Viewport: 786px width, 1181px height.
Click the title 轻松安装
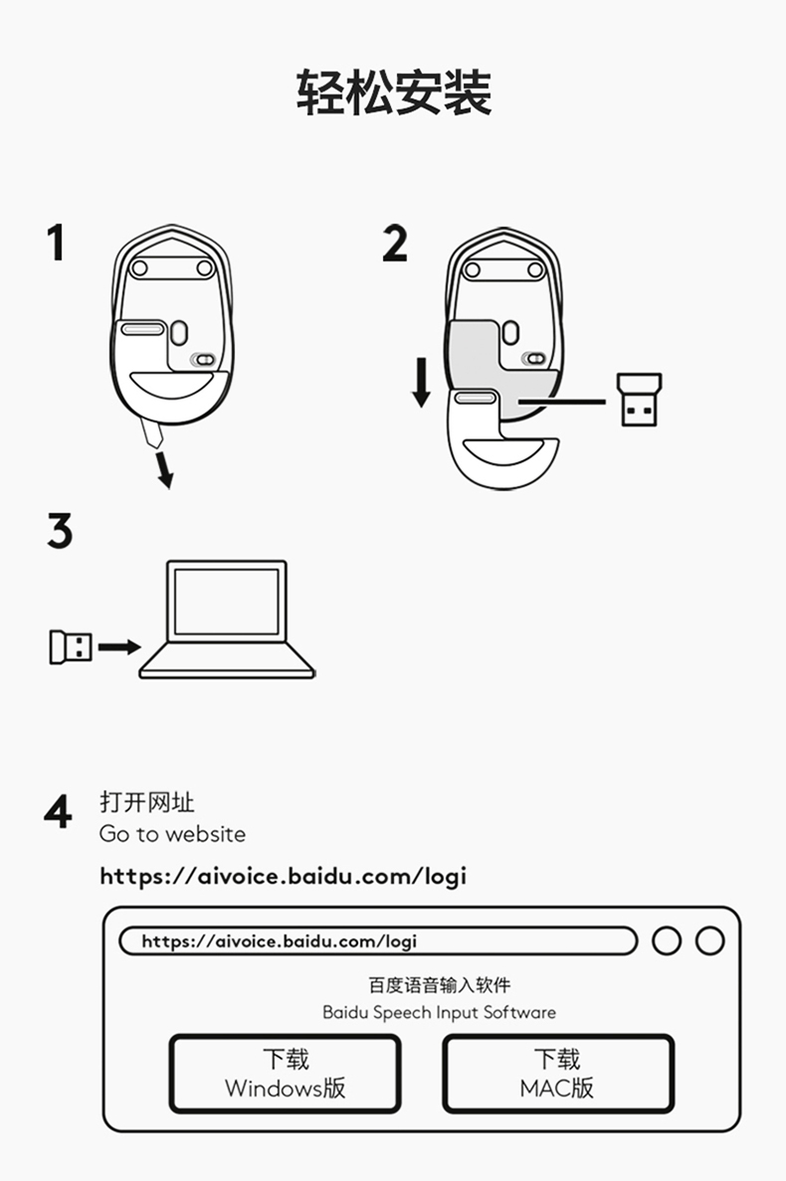point(393,93)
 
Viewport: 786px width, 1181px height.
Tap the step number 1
point(57,243)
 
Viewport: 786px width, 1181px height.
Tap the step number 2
point(395,244)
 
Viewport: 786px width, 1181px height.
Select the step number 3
point(60,532)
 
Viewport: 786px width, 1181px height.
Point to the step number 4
point(59,812)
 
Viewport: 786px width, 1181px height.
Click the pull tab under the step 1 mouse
point(152,432)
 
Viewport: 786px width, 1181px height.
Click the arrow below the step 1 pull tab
point(164,471)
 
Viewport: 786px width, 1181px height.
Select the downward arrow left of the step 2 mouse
point(422,383)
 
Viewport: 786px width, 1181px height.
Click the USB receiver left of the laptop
point(70,647)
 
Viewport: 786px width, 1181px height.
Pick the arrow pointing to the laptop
point(119,647)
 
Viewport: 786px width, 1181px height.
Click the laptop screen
point(227,602)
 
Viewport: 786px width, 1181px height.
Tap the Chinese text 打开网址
point(147,802)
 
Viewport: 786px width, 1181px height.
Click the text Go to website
point(172,834)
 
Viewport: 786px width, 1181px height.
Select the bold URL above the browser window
point(283,876)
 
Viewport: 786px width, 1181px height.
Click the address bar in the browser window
point(377,940)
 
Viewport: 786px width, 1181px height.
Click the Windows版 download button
point(285,1073)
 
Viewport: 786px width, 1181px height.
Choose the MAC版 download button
point(557,1073)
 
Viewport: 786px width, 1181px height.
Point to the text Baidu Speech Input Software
point(439,1012)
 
